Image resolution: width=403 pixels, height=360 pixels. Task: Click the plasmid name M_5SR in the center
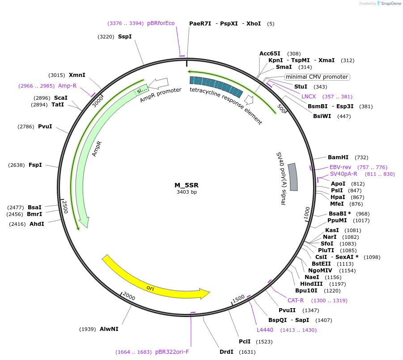coord(187,185)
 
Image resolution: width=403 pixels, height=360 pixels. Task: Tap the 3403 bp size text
coord(187,192)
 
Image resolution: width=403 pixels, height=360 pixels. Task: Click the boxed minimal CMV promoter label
coord(317,77)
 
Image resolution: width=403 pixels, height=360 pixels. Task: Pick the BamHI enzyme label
coord(338,157)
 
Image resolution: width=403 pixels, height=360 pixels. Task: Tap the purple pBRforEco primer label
coord(161,23)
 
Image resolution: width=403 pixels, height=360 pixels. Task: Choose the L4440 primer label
coord(265,330)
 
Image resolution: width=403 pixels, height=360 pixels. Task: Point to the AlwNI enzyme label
coord(109,329)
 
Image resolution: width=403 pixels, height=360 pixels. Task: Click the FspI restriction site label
coord(35,165)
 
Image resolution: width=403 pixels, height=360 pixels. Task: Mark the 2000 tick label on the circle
coord(129,297)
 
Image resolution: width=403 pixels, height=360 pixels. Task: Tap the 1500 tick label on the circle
coord(238,298)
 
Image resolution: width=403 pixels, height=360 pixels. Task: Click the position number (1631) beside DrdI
coord(247,352)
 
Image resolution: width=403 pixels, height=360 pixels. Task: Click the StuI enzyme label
coord(301,87)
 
